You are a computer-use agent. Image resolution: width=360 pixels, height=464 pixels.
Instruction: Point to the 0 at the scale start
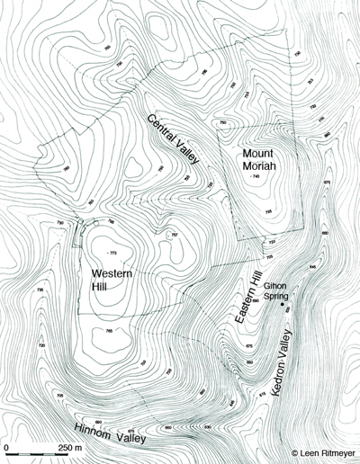(7, 447)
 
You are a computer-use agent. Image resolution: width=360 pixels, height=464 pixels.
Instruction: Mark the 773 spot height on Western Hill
(111, 250)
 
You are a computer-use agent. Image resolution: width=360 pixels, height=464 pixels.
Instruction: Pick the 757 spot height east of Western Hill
(174, 236)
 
